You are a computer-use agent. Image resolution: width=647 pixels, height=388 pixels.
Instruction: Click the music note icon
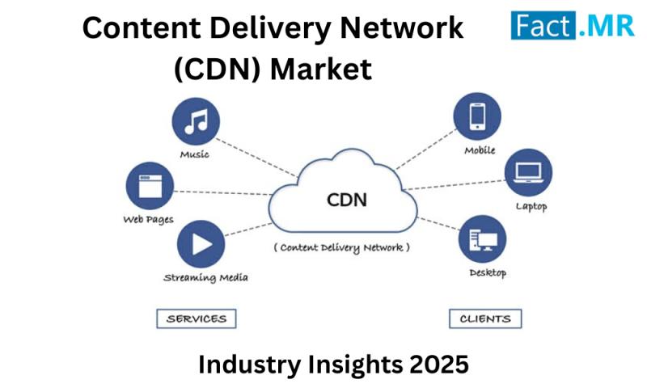(196, 121)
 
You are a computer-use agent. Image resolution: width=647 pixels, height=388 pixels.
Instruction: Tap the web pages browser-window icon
(150, 186)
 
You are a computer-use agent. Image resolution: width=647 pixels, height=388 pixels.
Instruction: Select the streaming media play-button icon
(201, 244)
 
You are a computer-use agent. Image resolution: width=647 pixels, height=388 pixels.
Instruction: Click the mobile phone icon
(477, 116)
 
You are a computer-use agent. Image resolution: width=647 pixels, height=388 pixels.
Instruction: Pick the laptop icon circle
(528, 172)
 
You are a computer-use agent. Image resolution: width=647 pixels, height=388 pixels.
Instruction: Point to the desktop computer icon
(482, 238)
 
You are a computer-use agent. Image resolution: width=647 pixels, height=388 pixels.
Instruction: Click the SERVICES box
(197, 318)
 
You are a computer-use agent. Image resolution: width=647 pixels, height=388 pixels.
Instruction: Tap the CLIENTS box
(485, 318)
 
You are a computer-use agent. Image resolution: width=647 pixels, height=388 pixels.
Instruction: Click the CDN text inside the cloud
(347, 200)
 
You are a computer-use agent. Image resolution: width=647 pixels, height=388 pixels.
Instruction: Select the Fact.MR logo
(573, 26)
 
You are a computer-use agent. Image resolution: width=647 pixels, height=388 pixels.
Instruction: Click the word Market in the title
(321, 69)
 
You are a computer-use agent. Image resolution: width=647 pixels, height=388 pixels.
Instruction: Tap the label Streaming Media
(205, 277)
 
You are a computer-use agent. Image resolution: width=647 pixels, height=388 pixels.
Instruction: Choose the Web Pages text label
(148, 219)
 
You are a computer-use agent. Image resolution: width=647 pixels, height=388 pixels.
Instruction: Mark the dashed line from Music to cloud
(256, 158)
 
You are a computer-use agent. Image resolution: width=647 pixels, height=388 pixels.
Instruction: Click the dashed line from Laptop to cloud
(454, 185)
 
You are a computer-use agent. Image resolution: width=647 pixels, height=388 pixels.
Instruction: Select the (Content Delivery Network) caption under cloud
(341, 247)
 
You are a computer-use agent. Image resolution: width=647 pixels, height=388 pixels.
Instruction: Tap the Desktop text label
(488, 272)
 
